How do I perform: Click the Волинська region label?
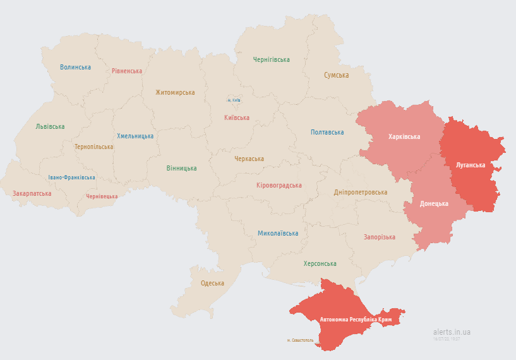point(75,67)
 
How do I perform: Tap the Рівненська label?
point(127,71)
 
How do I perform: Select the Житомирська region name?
point(175,92)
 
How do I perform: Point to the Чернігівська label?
point(271,60)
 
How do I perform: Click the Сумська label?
point(336,75)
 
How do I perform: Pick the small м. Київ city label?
point(234,100)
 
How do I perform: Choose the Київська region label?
point(236,117)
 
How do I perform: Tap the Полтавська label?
point(327,132)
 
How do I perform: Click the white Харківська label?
point(404,136)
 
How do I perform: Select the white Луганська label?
point(470,165)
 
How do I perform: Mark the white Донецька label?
point(434,203)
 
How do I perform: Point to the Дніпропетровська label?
point(361,192)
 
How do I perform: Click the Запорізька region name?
point(379,237)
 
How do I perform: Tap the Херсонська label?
point(320,263)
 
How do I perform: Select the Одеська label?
point(212,283)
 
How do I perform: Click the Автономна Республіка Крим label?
point(356,320)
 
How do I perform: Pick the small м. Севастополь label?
point(299,340)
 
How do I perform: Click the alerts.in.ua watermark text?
point(452,332)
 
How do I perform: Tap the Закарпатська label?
point(32,193)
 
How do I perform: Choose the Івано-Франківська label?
point(71,177)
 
